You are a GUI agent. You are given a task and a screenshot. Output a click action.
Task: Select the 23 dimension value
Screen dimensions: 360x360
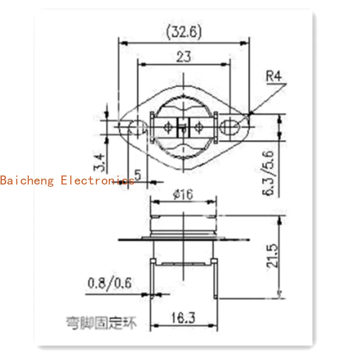pyautogui.click(x=184, y=57)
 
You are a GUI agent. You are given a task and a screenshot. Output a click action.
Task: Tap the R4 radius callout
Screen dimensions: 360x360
pyautogui.click(x=274, y=76)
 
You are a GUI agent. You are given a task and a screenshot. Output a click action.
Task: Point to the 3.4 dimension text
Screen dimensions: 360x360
pyautogui.click(x=100, y=162)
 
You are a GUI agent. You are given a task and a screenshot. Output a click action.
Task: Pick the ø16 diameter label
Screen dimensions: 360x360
pyautogui.click(x=182, y=195)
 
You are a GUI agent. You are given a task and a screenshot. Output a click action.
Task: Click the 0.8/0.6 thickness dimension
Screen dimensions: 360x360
pyautogui.click(x=109, y=283)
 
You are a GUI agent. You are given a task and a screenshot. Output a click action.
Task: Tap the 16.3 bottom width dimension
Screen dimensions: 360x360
pyautogui.click(x=183, y=318)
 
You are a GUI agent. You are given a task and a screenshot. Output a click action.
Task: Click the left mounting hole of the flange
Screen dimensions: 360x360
pyautogui.click(x=136, y=127)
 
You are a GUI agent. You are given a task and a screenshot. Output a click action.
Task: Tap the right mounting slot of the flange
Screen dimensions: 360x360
pyautogui.click(x=230, y=126)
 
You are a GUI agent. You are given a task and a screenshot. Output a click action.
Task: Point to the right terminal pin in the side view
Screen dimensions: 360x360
pyautogui.click(x=217, y=279)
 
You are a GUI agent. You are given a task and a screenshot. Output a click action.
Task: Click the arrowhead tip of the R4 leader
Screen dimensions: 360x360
pyautogui.click(x=250, y=114)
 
